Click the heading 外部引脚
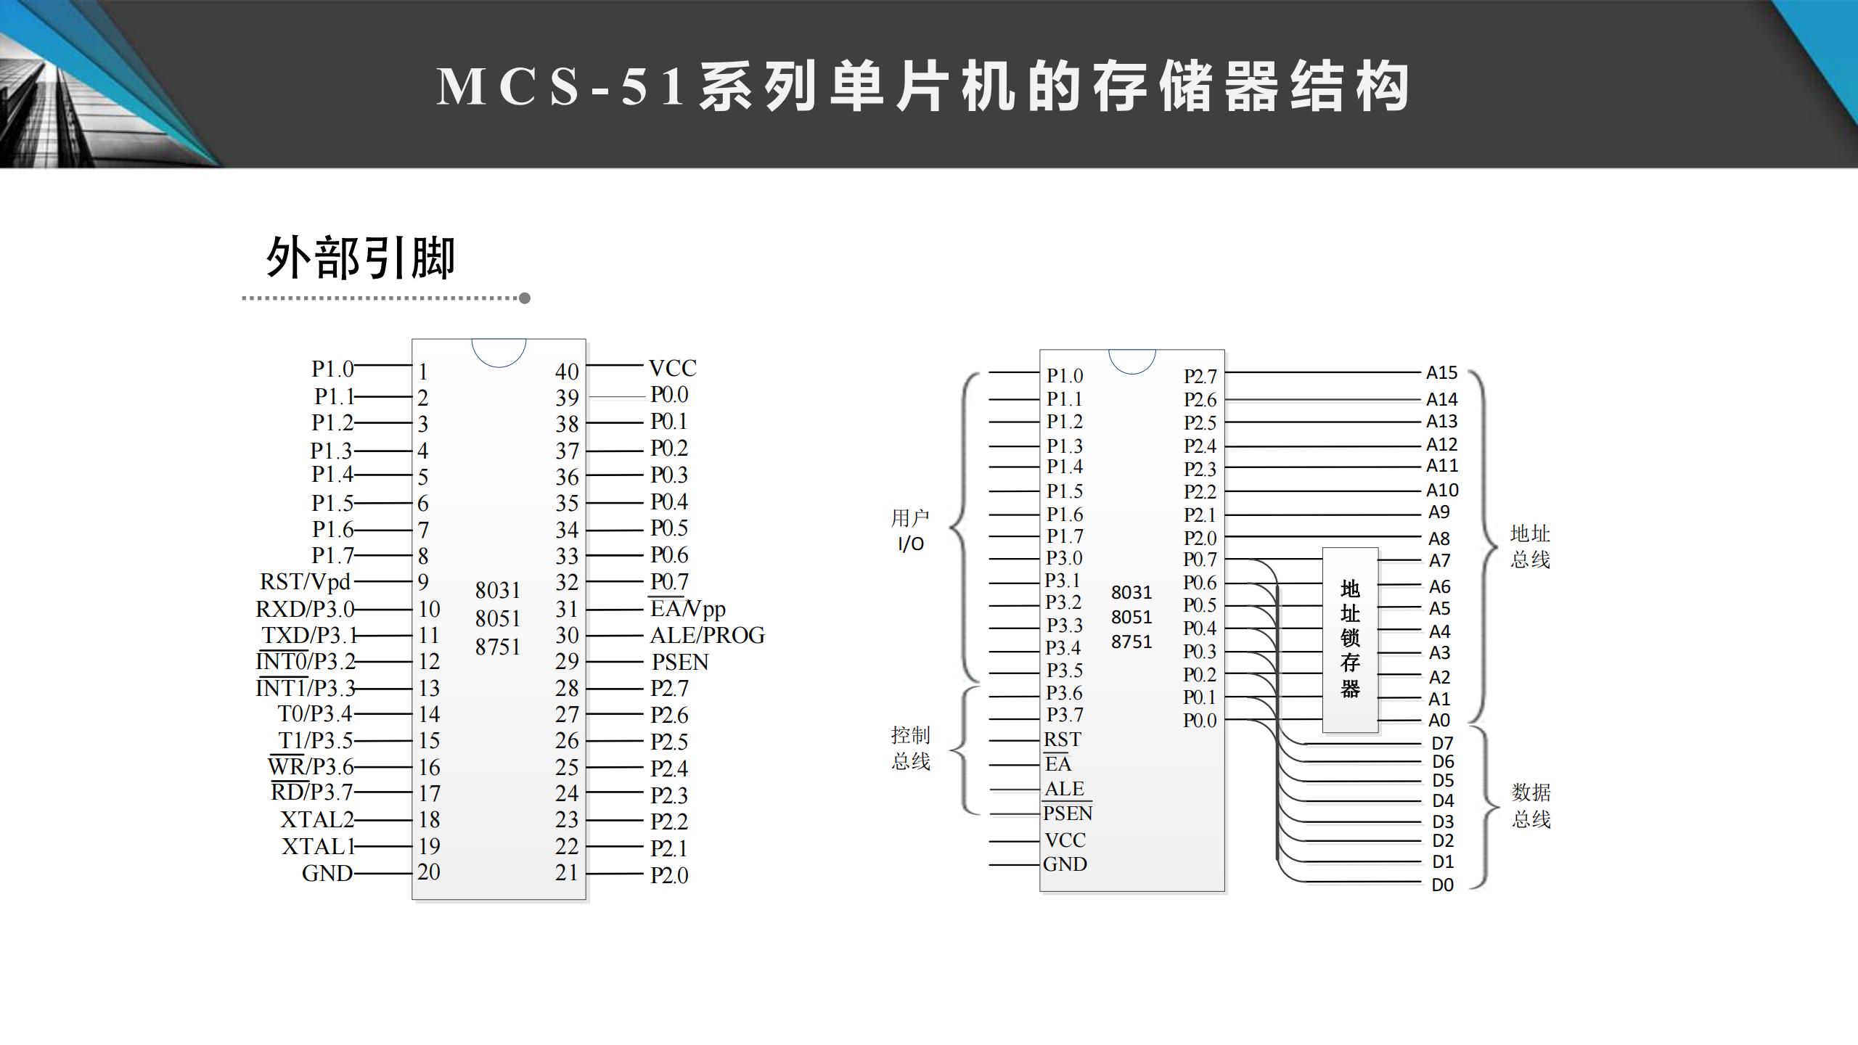click(361, 258)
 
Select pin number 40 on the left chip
click(567, 372)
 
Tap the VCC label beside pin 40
click(672, 369)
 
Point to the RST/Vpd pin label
click(305, 582)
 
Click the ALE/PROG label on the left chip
click(707, 636)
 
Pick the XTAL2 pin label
click(317, 820)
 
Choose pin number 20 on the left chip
click(429, 872)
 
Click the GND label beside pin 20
click(327, 873)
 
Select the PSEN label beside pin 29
click(679, 662)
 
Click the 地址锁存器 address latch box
click(1350, 639)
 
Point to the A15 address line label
click(1441, 373)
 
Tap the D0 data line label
click(1442, 885)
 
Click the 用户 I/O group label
click(910, 530)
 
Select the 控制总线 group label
click(910, 748)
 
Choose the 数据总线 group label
click(1531, 806)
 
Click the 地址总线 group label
click(1530, 546)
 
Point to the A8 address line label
click(1439, 538)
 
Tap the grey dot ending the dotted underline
click(525, 298)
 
